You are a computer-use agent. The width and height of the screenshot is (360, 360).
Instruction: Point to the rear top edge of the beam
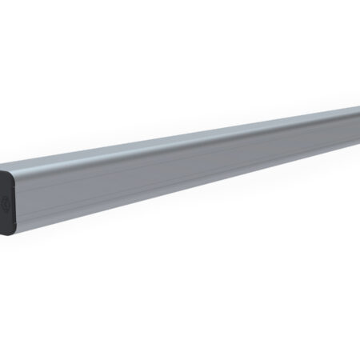pos(200,119)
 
